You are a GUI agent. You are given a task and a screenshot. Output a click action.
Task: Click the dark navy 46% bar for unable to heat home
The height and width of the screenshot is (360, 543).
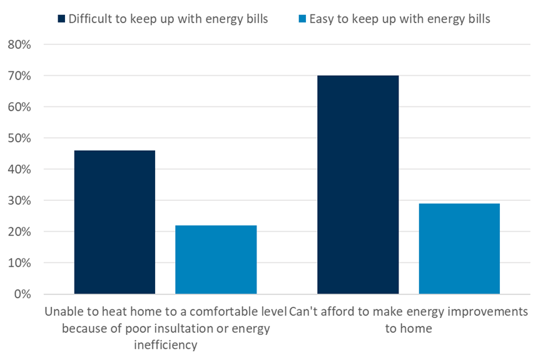click(114, 222)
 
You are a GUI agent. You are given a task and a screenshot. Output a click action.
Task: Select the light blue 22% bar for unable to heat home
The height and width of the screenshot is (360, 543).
click(216, 260)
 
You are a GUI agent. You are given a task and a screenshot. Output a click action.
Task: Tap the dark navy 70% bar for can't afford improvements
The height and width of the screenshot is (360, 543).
click(358, 185)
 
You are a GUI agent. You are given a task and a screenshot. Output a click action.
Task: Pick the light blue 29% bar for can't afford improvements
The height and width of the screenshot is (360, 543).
click(459, 249)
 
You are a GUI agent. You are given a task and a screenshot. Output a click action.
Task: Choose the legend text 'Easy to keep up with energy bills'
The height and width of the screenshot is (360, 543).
click(398, 19)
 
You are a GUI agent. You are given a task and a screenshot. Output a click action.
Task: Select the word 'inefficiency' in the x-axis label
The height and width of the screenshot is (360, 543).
click(165, 344)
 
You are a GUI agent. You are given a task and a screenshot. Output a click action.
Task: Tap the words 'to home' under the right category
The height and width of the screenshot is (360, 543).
click(409, 328)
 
